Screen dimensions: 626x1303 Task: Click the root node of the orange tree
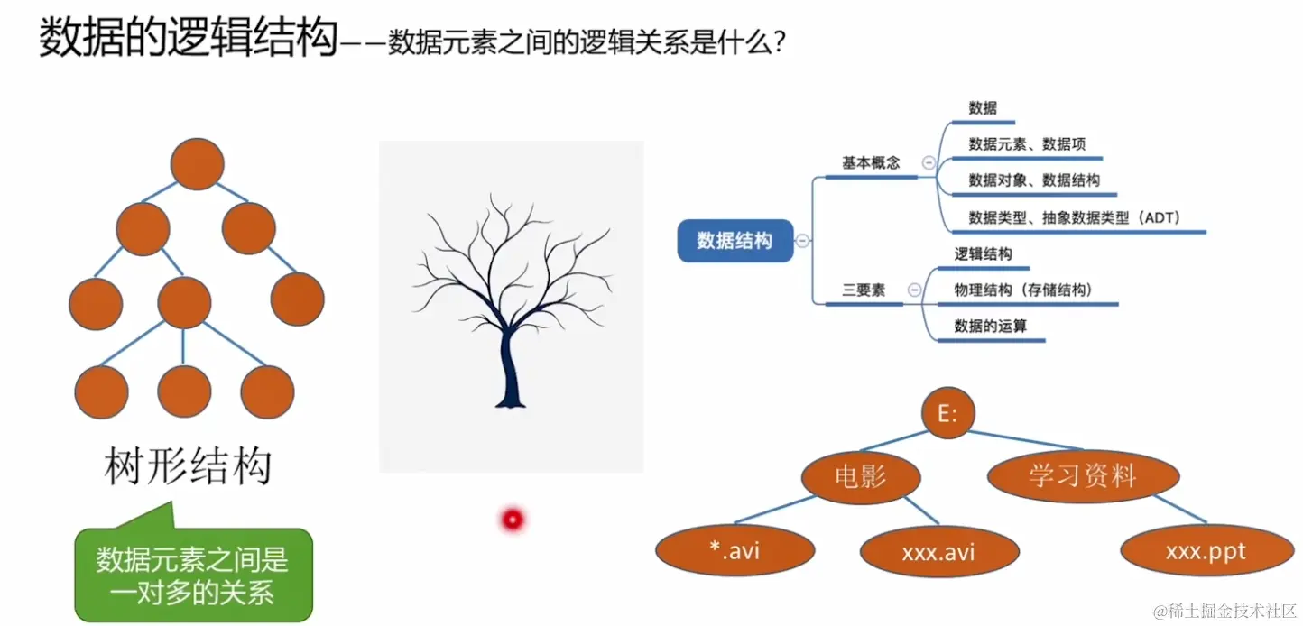pos(197,163)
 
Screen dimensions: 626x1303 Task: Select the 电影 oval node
pos(861,476)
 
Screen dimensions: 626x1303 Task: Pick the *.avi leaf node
pos(735,549)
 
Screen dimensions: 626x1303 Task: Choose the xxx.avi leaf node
pos(938,551)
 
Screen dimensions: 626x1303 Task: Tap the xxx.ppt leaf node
pos(1206,551)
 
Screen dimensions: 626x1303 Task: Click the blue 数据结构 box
pos(735,241)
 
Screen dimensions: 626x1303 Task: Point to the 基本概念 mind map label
pos(871,163)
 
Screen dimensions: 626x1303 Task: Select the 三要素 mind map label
pos(864,290)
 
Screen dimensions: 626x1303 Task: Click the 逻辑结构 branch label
pos(983,254)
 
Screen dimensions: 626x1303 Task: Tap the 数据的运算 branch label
pos(990,326)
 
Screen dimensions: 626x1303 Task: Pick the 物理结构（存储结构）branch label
pos(1023,290)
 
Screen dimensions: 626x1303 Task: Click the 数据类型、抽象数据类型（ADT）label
pos(1075,217)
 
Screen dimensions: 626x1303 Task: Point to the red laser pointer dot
pos(513,519)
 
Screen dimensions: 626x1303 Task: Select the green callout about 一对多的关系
pos(193,575)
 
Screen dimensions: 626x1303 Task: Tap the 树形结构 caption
pos(189,466)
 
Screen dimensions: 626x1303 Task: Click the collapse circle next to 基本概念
pos(929,163)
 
